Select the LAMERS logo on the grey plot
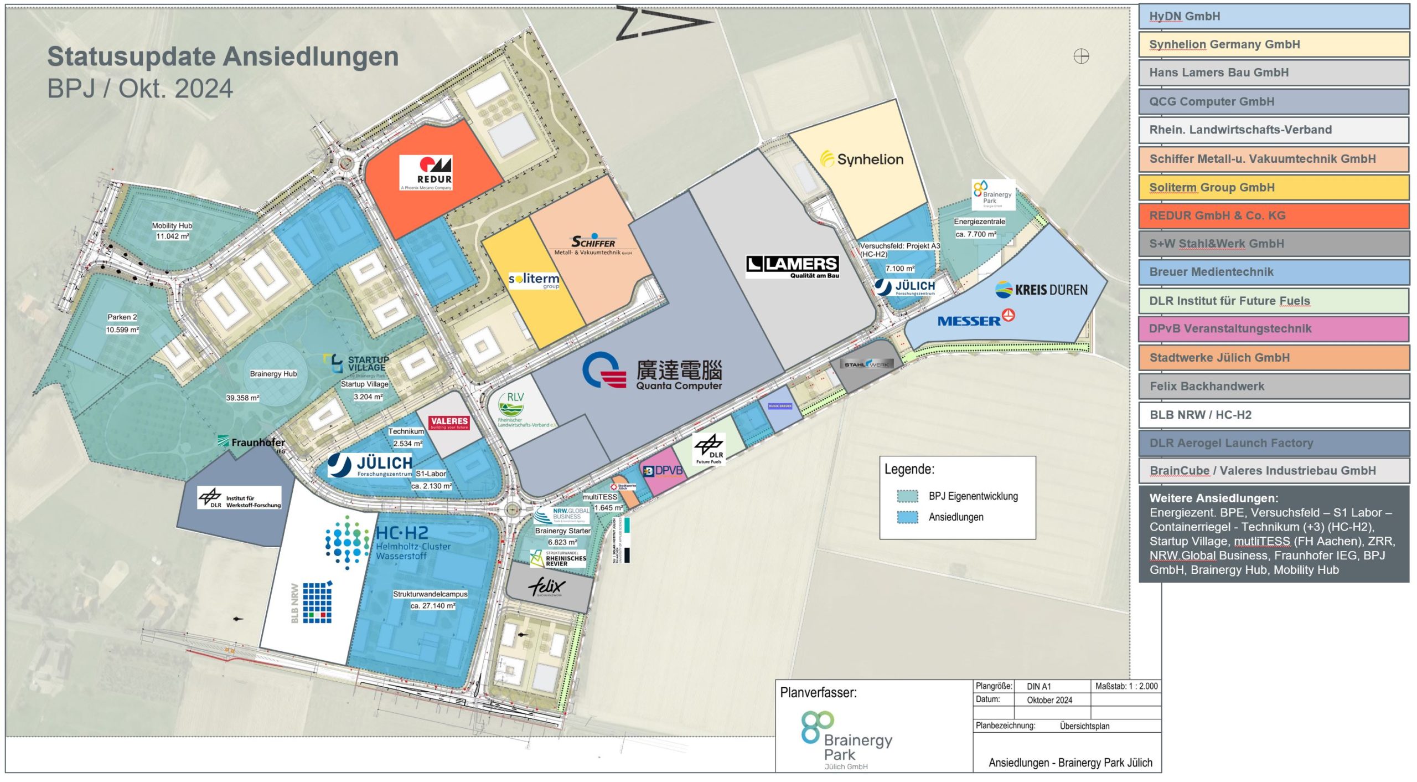click(792, 266)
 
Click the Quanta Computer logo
click(652, 371)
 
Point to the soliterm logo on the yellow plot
click(534, 280)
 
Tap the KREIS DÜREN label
click(1041, 290)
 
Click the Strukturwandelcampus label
click(430, 594)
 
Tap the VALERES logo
click(449, 423)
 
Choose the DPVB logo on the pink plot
click(663, 471)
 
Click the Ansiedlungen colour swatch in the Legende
click(907, 517)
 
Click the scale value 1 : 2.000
click(1126, 686)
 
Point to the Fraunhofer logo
click(252, 443)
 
